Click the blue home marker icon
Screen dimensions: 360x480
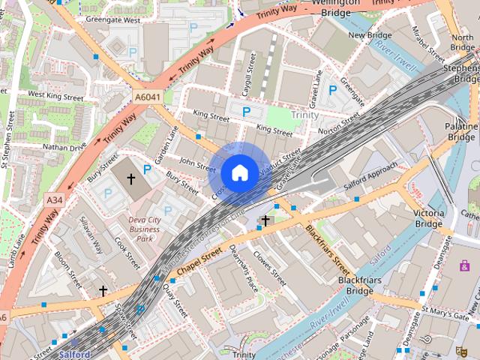(239, 173)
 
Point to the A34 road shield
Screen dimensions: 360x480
(54, 200)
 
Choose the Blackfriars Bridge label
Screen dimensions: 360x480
(355, 285)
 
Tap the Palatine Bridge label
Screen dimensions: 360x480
(462, 132)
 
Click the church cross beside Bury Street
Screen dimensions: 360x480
(130, 179)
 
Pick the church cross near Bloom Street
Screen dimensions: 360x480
(103, 290)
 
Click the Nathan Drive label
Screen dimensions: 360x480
(64, 147)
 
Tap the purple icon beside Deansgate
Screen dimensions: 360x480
(466, 265)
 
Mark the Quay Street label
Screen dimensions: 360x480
(177, 300)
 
